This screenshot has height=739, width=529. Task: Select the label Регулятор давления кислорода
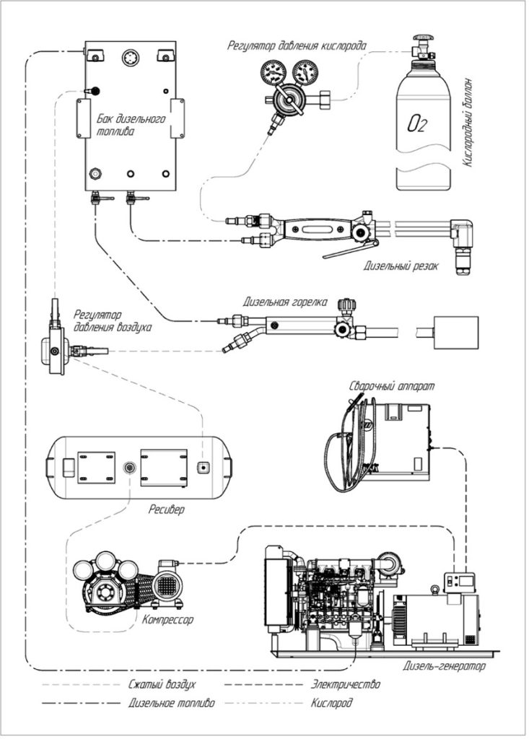297,45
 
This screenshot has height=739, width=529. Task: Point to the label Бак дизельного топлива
131,125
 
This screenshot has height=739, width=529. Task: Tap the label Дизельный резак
401,266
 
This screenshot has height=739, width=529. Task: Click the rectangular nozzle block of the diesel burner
456,333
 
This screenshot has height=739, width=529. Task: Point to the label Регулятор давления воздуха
112,320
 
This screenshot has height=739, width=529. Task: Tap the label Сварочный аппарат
391,386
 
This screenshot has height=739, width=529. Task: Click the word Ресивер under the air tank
167,510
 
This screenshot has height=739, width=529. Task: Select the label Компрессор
168,619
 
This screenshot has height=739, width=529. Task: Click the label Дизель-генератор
444,666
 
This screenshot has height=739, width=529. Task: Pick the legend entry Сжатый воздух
162,684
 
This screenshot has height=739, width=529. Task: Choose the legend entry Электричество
345,684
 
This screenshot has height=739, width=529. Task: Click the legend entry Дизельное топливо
171,703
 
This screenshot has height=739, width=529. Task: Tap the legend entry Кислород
331,703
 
